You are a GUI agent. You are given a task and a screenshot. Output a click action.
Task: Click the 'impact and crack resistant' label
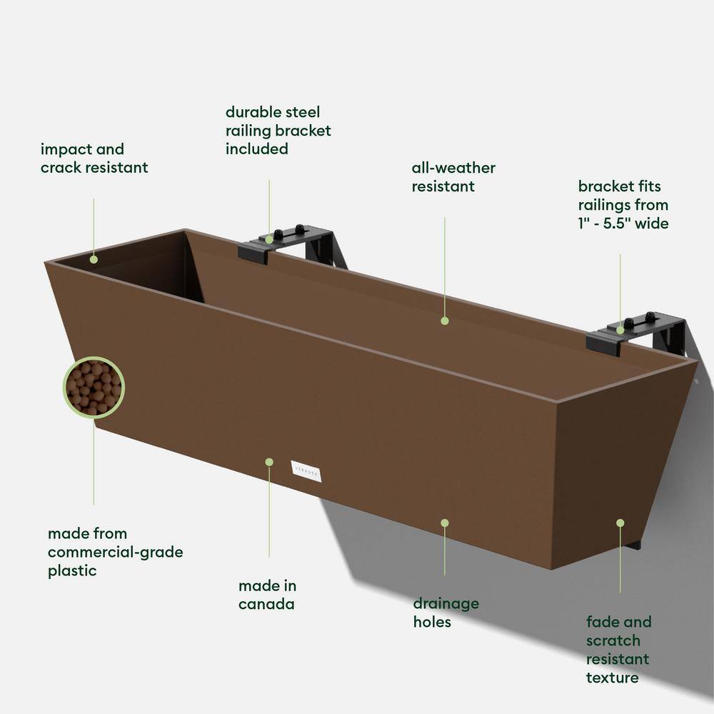[x=94, y=159]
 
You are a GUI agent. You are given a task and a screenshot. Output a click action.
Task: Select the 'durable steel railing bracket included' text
[x=278, y=131]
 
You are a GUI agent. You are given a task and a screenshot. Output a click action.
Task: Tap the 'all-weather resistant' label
[x=453, y=177]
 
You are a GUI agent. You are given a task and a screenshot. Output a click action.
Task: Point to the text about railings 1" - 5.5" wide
[x=623, y=205]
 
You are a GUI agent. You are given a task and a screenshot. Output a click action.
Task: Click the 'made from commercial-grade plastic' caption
[x=115, y=552]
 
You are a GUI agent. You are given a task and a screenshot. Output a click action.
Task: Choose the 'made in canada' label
[x=267, y=595]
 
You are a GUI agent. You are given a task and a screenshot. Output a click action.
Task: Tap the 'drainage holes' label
[x=446, y=613]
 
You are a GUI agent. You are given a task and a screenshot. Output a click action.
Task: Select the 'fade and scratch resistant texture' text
[x=618, y=649]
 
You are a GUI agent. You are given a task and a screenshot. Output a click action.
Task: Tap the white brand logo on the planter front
[x=306, y=471]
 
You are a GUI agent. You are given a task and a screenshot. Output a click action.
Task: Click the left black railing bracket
[x=294, y=244]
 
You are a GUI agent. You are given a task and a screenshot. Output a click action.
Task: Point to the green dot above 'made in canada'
[x=269, y=462]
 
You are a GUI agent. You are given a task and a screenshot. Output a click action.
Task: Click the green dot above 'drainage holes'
[x=445, y=523]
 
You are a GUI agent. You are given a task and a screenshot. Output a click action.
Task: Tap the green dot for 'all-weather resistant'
[x=445, y=321]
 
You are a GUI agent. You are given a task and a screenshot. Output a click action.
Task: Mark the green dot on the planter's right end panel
[x=620, y=523]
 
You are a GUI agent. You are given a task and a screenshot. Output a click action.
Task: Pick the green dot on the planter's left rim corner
[x=94, y=259]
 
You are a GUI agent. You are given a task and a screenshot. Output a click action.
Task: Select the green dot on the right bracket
[x=620, y=330]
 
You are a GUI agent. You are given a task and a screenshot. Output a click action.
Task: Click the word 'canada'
[x=267, y=604]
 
